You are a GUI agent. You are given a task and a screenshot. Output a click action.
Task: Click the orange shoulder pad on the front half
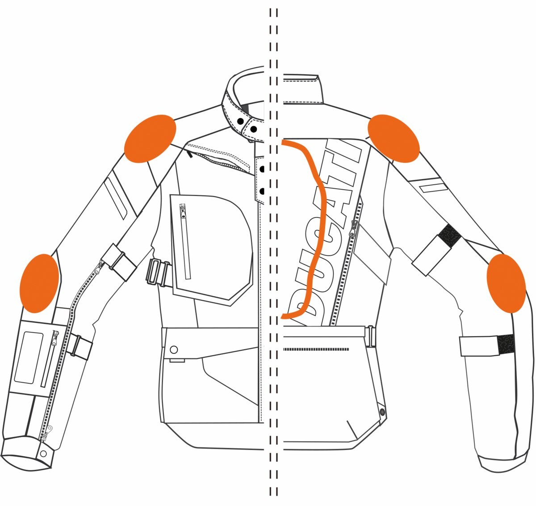150,138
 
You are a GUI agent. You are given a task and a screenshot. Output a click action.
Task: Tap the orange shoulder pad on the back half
394,138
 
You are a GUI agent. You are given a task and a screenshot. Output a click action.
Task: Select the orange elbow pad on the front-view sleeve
39,283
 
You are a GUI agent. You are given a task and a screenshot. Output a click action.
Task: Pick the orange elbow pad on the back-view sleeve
507,283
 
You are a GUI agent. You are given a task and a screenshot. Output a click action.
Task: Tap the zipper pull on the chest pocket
183,212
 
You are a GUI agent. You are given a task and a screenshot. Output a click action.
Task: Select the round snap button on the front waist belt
174,350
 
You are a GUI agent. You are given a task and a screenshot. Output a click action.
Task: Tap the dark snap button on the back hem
382,412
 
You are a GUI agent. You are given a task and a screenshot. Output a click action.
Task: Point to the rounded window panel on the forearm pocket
29,357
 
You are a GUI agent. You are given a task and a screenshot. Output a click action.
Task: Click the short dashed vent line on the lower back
316,349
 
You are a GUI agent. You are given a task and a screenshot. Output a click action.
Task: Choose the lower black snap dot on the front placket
262,191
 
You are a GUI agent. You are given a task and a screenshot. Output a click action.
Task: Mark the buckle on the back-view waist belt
371,336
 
